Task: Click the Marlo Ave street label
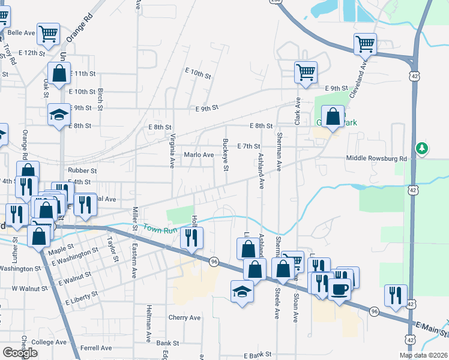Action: (x=199, y=155)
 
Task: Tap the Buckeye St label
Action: (x=226, y=155)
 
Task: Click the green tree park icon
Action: (x=423, y=148)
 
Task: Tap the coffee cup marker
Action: (x=339, y=290)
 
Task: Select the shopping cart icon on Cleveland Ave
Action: (x=365, y=43)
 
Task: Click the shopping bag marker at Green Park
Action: (x=333, y=116)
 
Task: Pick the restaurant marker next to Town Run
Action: (x=191, y=238)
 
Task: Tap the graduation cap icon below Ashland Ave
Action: (x=242, y=292)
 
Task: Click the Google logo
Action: (x=20, y=353)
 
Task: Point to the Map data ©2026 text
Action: (x=423, y=355)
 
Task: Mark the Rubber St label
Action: (x=82, y=171)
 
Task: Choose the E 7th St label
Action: (x=249, y=146)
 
